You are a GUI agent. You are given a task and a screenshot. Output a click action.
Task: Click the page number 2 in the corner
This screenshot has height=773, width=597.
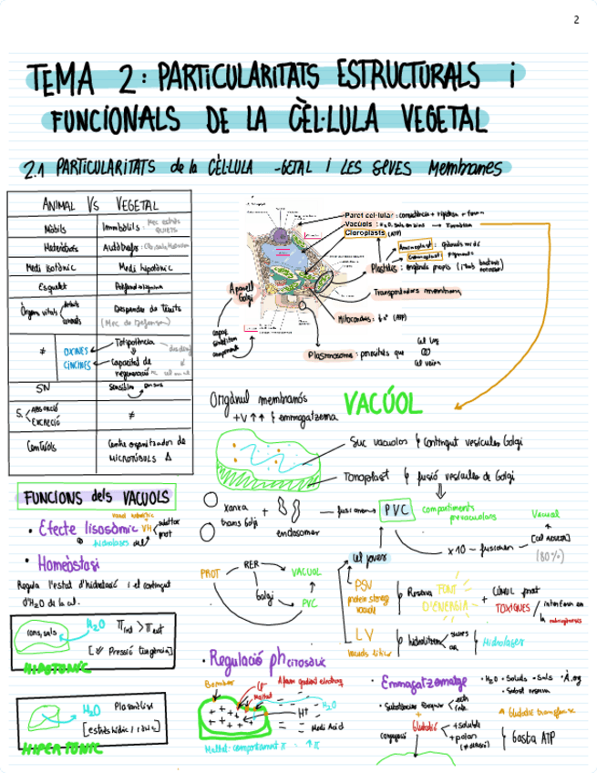point(575,20)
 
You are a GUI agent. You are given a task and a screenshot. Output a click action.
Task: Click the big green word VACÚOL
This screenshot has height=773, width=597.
point(383,403)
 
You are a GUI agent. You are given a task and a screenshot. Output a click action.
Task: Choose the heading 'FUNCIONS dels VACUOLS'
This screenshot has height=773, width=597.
point(96,498)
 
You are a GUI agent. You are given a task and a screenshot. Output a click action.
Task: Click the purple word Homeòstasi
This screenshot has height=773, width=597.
point(70,562)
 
